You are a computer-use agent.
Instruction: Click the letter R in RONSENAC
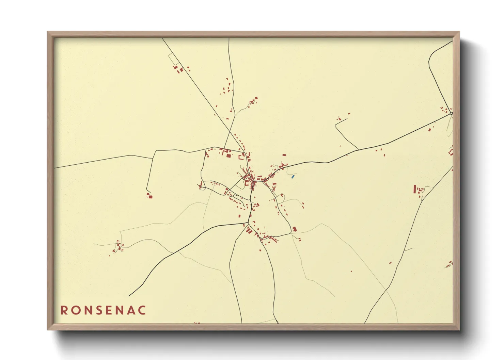64,310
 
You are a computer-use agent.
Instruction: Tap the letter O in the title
76,310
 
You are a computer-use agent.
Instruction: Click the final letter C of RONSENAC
142,310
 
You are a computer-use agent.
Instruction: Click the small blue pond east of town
293,177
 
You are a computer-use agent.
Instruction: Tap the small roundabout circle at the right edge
451,113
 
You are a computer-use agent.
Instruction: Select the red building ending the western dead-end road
150,197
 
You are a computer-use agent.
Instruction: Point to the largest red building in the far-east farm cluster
415,189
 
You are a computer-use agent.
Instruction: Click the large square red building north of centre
228,156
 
